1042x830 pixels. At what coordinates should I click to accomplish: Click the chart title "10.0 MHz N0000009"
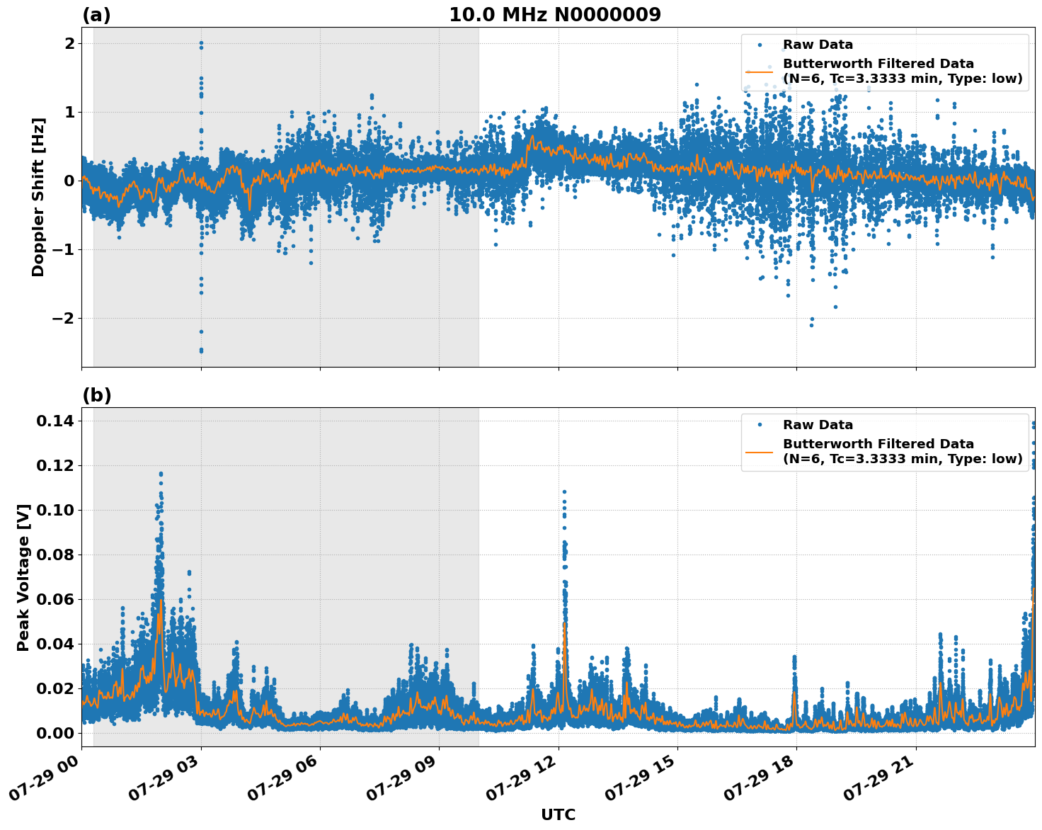point(554,15)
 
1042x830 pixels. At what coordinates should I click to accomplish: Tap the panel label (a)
point(96,15)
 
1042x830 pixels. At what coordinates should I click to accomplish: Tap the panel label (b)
point(96,395)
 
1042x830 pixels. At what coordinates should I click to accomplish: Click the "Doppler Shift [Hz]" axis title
point(38,197)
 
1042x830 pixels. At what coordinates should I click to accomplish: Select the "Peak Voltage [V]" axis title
point(23,577)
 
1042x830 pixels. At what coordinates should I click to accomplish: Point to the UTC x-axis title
point(558,814)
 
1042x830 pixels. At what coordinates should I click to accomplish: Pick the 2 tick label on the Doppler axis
point(69,43)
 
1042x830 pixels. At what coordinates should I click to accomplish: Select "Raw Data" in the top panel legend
point(818,45)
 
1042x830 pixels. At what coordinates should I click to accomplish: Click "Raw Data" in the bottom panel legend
point(818,425)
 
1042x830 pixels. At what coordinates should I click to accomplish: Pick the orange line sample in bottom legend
point(760,451)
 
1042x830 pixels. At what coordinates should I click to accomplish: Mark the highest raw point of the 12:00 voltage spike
point(564,491)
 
